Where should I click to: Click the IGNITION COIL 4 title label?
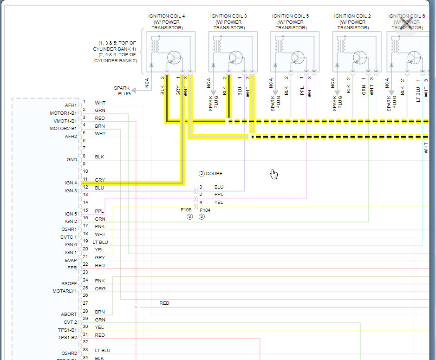tap(167, 16)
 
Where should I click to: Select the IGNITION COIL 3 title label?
tap(228, 16)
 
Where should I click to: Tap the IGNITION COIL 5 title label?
tap(290, 16)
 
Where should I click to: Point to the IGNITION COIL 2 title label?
tap(352, 16)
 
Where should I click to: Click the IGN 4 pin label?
tap(71, 183)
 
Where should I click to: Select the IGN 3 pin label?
tap(71, 191)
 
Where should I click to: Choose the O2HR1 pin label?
tap(69, 229)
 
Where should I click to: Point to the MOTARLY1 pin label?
tap(65, 291)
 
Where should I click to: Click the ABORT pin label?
tap(69, 314)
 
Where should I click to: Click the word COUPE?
tap(214, 174)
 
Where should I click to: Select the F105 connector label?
tap(186, 210)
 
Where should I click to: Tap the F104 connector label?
tap(205, 210)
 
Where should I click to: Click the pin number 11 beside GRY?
tap(85, 179)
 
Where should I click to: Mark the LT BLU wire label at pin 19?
tap(100, 242)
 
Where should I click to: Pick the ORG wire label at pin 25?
tap(100, 288)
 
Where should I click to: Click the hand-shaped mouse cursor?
tap(274, 174)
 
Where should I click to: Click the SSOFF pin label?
tap(69, 283)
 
